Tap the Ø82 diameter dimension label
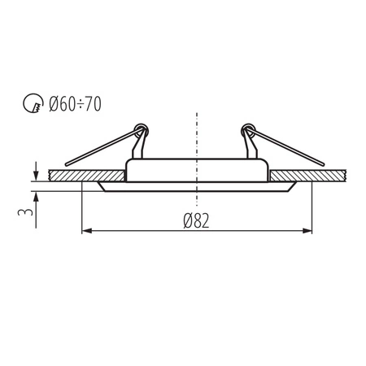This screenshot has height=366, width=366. pyautogui.click(x=197, y=221)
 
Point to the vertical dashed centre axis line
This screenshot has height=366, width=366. pyautogui.click(x=196, y=130)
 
